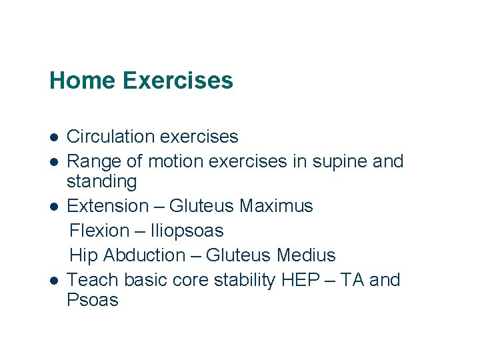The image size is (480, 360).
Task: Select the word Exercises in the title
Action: [178, 81]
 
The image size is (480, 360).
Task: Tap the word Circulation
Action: [111, 137]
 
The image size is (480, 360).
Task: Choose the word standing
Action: [101, 182]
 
